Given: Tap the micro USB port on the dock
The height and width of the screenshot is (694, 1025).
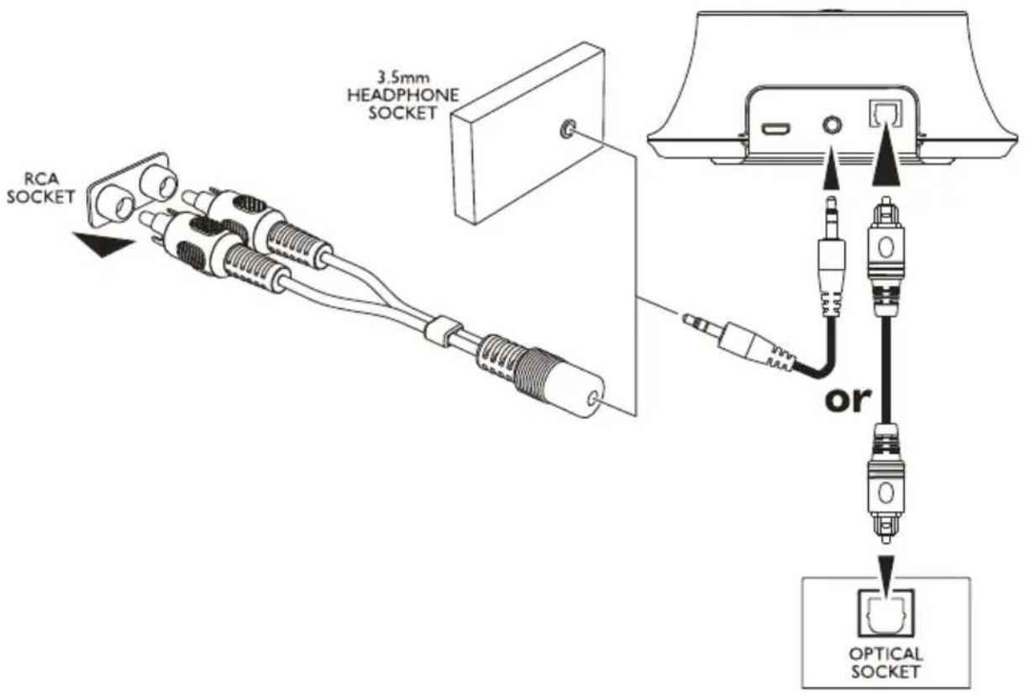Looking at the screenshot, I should (774, 130).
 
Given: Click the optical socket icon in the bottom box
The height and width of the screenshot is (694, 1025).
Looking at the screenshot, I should (884, 614).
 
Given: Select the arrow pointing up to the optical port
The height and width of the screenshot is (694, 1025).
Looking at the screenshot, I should (884, 165).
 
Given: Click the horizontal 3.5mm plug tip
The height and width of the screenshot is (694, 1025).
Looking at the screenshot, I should (697, 321).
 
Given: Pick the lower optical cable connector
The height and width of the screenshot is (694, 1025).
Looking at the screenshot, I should (884, 487).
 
